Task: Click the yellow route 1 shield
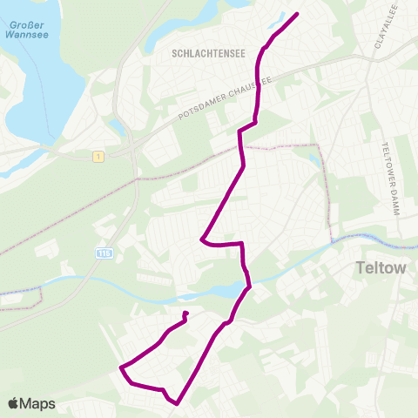click(x=100, y=156)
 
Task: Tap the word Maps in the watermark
click(x=38, y=403)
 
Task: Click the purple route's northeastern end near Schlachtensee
click(x=298, y=14)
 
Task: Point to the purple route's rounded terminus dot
click(x=185, y=313)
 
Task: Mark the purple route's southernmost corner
click(x=177, y=403)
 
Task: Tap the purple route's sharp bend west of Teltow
click(x=201, y=239)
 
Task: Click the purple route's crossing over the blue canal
click(x=247, y=285)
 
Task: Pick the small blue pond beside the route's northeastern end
click(x=288, y=14)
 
